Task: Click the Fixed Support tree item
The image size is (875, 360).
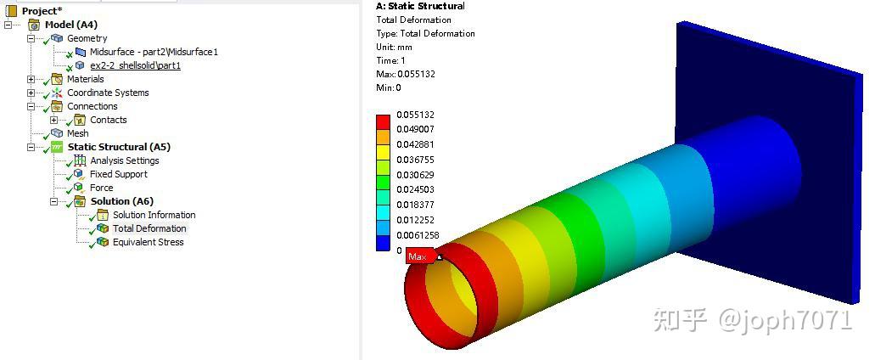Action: pos(118,174)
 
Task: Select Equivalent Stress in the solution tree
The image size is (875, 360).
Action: pos(148,242)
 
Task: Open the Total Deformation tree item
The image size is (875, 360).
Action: pos(149,228)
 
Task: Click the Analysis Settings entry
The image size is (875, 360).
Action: pos(124,160)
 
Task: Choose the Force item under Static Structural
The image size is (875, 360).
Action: pos(101,188)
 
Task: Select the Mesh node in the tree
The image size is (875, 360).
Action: pos(77,133)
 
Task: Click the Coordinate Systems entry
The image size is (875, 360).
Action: pos(108,93)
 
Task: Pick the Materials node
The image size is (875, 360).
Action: pos(85,79)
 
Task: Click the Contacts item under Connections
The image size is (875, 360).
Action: pos(108,120)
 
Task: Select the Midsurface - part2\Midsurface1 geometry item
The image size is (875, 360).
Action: pos(154,52)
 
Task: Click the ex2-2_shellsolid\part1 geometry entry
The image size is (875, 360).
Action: pos(135,65)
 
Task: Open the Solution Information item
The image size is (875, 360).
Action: pos(154,215)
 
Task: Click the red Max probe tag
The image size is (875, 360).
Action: pos(418,256)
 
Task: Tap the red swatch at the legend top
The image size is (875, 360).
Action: pos(383,121)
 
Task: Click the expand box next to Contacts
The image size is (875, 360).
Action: pos(54,120)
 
